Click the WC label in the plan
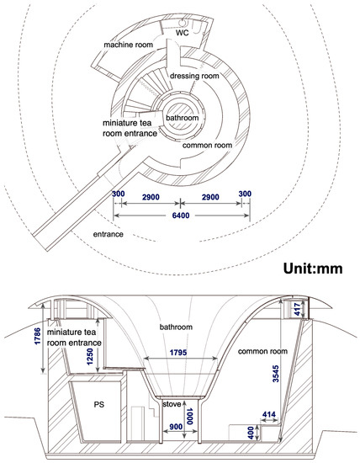pyautogui.click(x=182, y=33)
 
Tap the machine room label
pyautogui.click(x=129, y=45)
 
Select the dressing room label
pyautogui.click(x=194, y=76)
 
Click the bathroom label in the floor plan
pyautogui.click(x=182, y=118)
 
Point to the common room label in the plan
pyautogui.click(x=207, y=146)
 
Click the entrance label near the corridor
pyautogui.click(x=108, y=234)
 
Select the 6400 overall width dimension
pyautogui.click(x=181, y=216)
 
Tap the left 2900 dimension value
pyautogui.click(x=151, y=197)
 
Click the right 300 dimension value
pyautogui.click(x=245, y=194)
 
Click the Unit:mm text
pyautogui.click(x=313, y=269)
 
